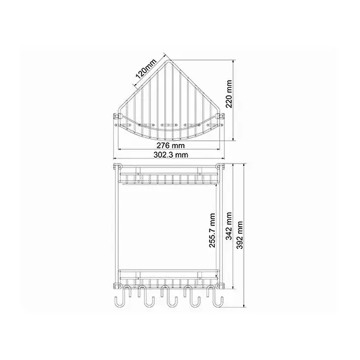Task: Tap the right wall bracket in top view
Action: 220,117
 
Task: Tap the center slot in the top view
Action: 167,124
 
